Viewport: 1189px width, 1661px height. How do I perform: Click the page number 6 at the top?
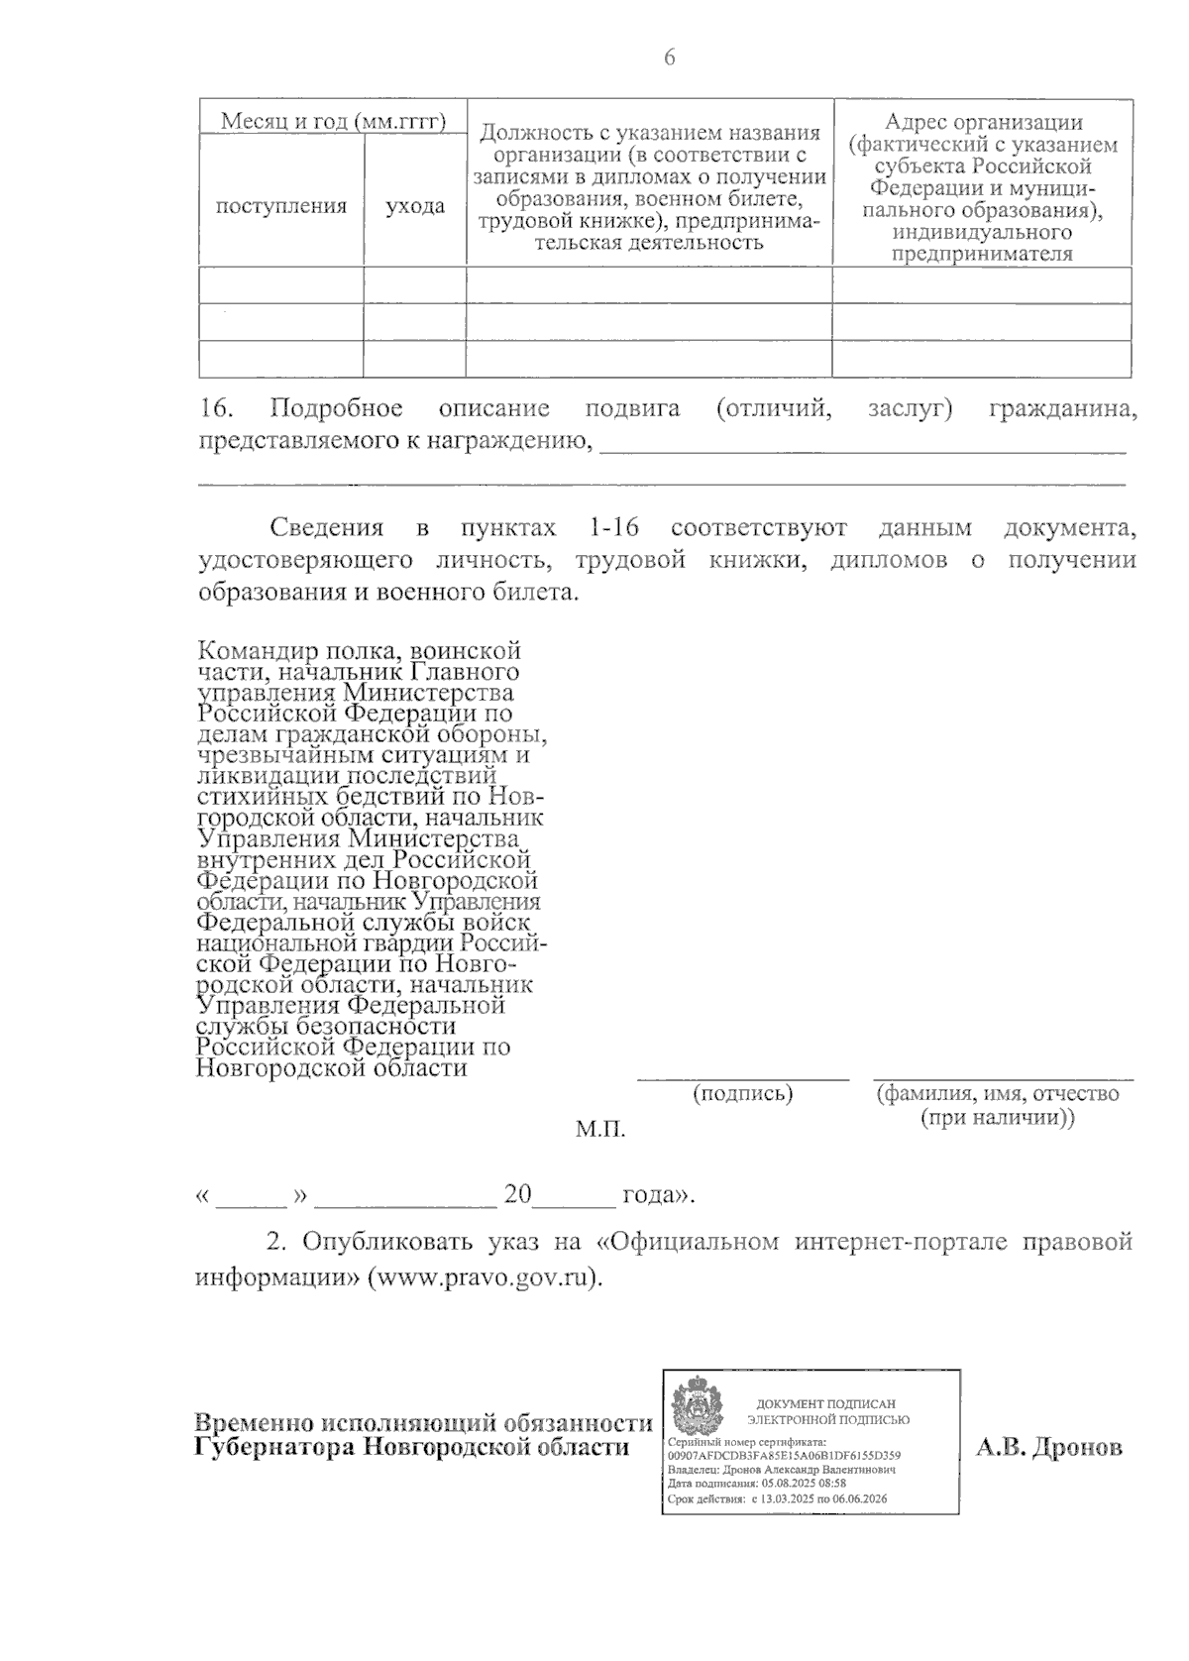669,58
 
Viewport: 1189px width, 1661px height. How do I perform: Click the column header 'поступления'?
281,206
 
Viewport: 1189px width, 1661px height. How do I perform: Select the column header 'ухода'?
415,206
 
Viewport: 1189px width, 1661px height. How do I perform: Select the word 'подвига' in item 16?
632,409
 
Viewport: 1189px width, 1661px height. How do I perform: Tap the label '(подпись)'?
742,1093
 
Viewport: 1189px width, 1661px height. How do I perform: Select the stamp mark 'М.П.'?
600,1129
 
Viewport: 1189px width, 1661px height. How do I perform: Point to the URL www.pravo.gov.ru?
484,1277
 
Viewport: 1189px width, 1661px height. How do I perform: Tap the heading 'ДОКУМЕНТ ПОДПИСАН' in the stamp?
825,1404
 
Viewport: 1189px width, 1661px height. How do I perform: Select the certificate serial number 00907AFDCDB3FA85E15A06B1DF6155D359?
785,1455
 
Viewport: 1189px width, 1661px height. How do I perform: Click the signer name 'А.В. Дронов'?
1049,1448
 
